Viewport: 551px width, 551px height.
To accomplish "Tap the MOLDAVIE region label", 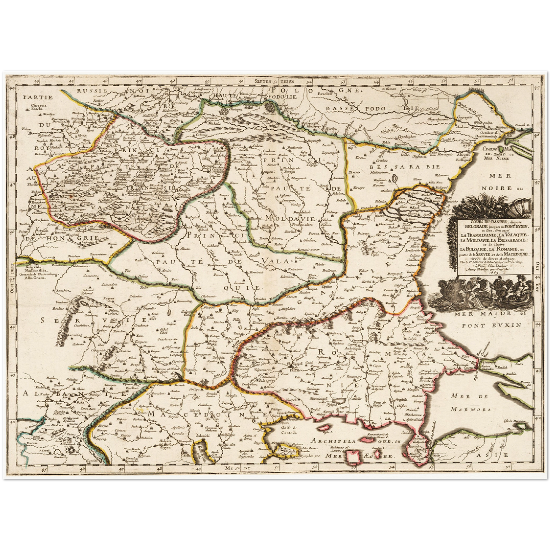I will [286, 219].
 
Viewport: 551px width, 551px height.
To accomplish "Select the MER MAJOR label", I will [479, 314].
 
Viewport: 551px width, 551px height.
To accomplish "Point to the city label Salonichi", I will [202, 435].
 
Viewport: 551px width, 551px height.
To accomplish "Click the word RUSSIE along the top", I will [91, 91].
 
